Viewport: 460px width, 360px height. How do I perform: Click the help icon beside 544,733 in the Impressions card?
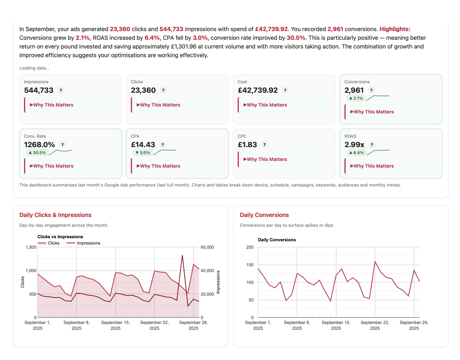pyautogui.click(x=61, y=90)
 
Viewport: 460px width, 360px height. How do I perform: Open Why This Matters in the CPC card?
pyautogui.click(x=266, y=159)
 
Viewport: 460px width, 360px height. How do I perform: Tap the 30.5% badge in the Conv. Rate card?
pyautogui.click(x=37, y=153)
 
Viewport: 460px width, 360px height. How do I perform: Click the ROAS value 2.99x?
pyautogui.click(x=354, y=145)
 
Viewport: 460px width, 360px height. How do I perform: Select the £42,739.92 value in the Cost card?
pyautogui.click(x=257, y=90)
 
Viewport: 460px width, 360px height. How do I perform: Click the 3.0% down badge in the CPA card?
pyautogui.click(x=143, y=153)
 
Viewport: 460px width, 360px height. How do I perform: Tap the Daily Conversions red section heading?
pyautogui.click(x=264, y=215)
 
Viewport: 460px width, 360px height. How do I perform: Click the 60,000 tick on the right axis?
pyautogui.click(x=207, y=247)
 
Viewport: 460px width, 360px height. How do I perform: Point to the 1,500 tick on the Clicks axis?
pyautogui.click(x=31, y=247)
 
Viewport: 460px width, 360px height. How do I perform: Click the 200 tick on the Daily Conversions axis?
pyautogui.click(x=250, y=247)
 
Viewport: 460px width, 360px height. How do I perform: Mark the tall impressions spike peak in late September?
pyautogui.click(x=182, y=255)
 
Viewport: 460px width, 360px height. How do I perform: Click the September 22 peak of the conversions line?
pyautogui.click(x=375, y=261)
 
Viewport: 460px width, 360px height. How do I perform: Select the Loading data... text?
pyautogui.click(x=34, y=68)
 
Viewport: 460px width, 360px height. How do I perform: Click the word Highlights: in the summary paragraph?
pyautogui.click(x=394, y=29)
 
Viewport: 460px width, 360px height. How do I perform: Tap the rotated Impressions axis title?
pyautogui.click(x=218, y=282)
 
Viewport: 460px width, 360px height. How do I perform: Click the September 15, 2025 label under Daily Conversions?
pyautogui.click(x=336, y=325)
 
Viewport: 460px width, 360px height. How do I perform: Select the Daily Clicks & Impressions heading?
pyautogui.click(x=55, y=215)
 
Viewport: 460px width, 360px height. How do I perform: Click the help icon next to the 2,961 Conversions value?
pyautogui.click(x=371, y=90)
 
